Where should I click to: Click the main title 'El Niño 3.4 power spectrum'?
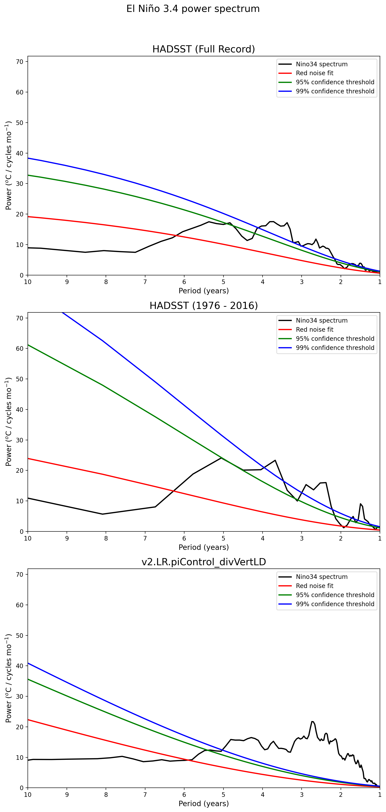pyautogui.click(x=193, y=9)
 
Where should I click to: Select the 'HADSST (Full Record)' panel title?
pyautogui.click(x=204, y=49)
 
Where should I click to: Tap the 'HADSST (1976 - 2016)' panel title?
pyautogui.click(x=204, y=305)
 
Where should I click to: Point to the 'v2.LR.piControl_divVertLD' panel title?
pyautogui.click(x=204, y=562)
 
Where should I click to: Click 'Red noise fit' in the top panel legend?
pyautogui.click(x=314, y=73)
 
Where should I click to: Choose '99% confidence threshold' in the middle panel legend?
pyautogui.click(x=335, y=348)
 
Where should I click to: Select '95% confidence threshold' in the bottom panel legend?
pyautogui.click(x=335, y=595)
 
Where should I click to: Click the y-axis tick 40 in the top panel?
pyautogui.click(x=20, y=153)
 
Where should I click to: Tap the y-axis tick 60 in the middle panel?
pyautogui.click(x=20, y=349)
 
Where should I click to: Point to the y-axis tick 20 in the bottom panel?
pyautogui.click(x=20, y=727)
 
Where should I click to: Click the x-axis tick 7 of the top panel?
pyautogui.click(x=145, y=282)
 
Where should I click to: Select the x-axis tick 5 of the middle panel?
pyautogui.click(x=223, y=538)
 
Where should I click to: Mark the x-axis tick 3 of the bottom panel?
pyautogui.click(x=302, y=795)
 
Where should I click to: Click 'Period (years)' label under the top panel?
pyautogui.click(x=204, y=291)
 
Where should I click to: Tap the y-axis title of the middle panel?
pyautogui.click(x=8, y=422)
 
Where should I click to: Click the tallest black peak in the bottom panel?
pyautogui.click(x=312, y=721)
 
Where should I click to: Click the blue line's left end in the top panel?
pyautogui.click(x=28, y=158)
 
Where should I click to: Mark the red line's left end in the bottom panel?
pyautogui.click(x=28, y=720)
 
